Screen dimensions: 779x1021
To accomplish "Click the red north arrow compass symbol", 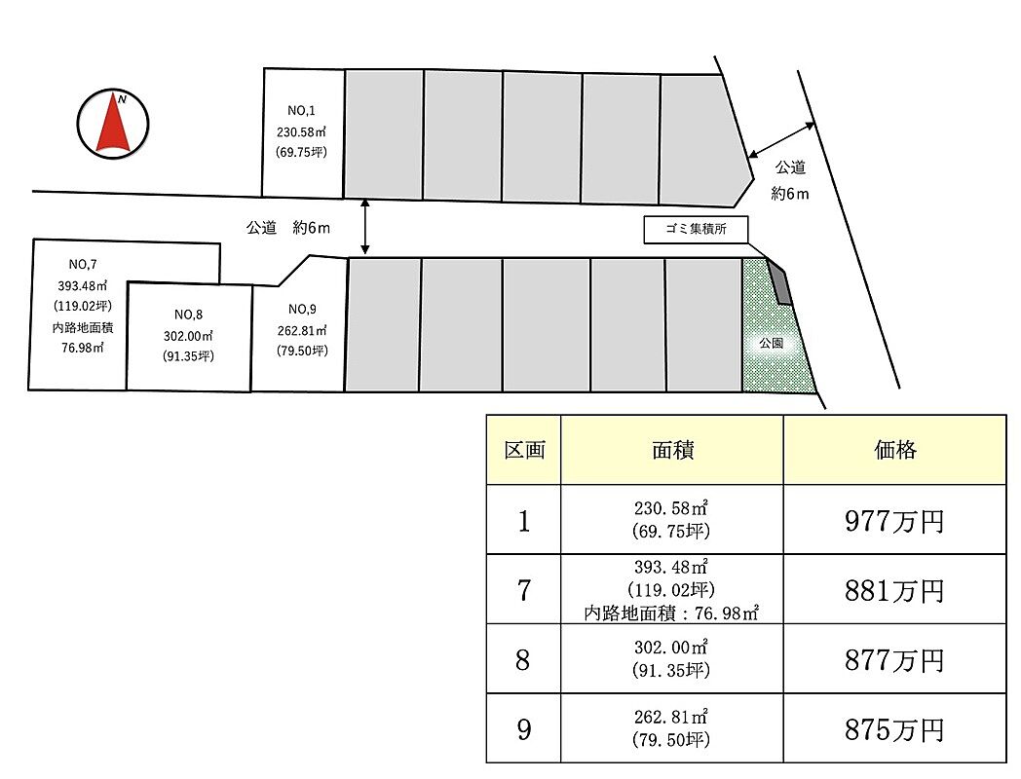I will (x=113, y=123).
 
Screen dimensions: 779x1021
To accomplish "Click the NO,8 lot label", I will (x=188, y=314).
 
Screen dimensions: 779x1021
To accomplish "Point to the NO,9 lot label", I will (x=300, y=309).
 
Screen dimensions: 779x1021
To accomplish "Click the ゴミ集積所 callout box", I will (x=697, y=230).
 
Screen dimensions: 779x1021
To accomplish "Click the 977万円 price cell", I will (x=894, y=521).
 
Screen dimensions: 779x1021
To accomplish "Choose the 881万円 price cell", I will (x=894, y=590).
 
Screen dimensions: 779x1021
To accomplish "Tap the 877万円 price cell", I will (x=894, y=659).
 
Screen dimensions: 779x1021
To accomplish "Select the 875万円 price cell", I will (x=894, y=728).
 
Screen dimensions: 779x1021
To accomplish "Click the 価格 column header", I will (x=894, y=450).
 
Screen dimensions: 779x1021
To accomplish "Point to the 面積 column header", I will (x=672, y=450).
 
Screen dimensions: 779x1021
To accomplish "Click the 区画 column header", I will (x=524, y=450).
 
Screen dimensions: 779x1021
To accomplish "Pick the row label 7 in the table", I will (x=524, y=590).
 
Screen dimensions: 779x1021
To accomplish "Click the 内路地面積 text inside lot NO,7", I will (x=83, y=328).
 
